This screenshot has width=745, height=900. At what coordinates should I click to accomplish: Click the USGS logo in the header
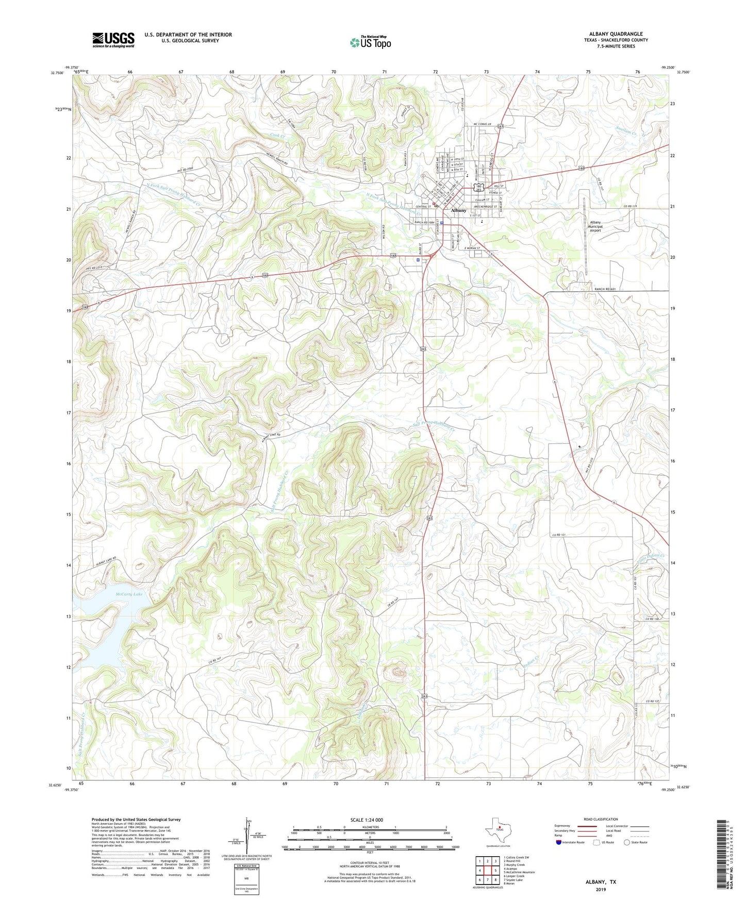(113, 40)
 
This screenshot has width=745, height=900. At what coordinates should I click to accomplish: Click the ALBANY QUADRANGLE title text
(616, 34)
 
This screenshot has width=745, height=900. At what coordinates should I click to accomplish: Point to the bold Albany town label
(458, 211)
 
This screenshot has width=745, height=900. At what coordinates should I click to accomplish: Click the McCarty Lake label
(129, 594)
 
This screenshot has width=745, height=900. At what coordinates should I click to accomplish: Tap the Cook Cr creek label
(277, 136)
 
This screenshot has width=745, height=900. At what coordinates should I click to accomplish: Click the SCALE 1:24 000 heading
(367, 820)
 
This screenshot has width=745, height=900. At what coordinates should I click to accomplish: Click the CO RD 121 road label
(558, 536)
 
